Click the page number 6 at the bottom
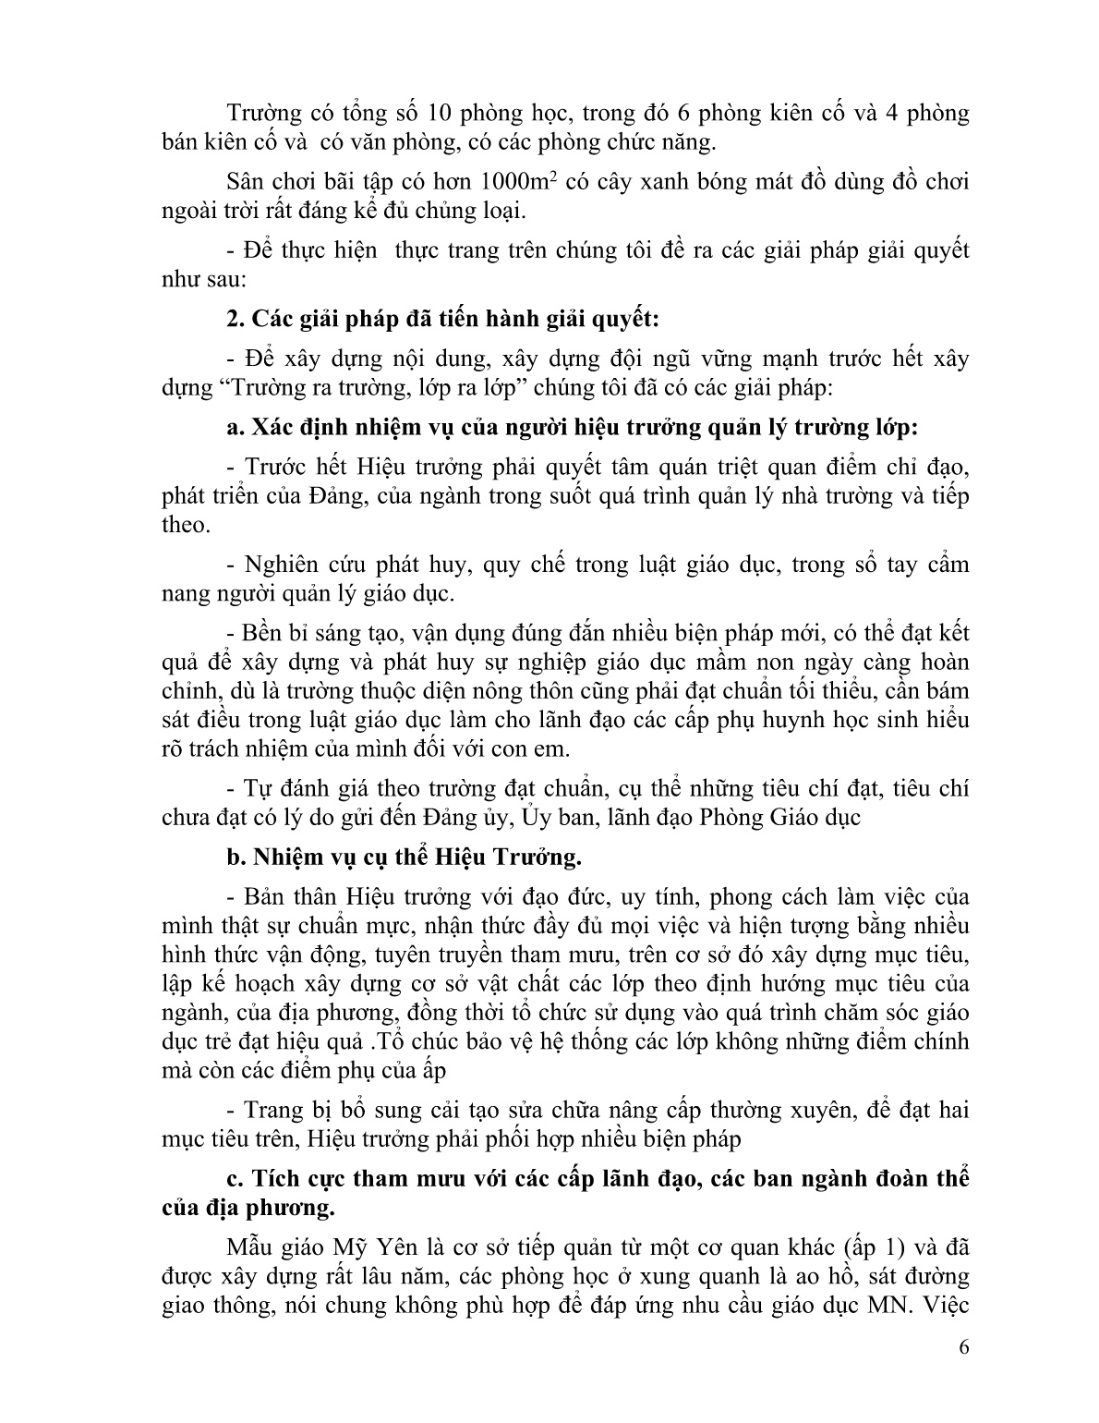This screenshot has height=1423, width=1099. [964, 1371]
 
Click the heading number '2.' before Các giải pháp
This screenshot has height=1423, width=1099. [235, 320]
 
